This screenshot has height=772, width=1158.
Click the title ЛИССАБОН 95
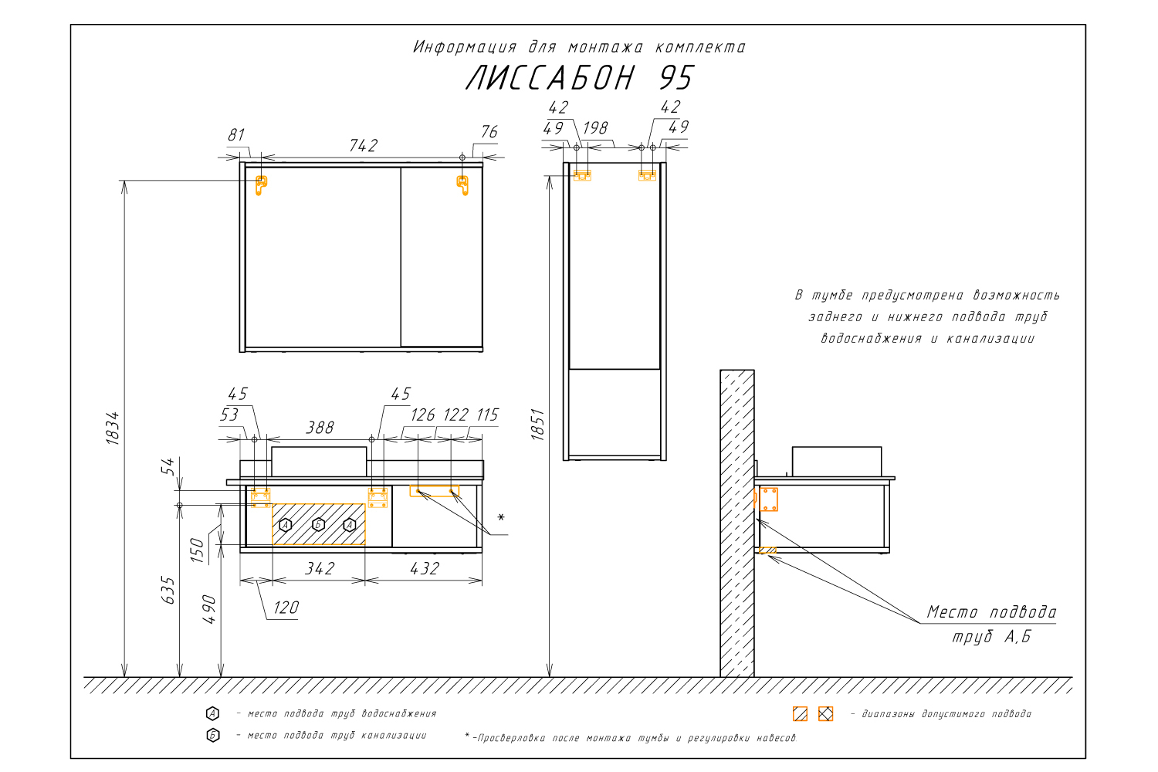click(x=579, y=79)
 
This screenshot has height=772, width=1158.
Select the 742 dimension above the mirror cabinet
click(x=363, y=146)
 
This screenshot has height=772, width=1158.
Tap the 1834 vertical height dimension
click(x=113, y=428)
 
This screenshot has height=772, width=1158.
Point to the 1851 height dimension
click(x=537, y=425)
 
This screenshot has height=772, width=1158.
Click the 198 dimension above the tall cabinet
click(x=595, y=128)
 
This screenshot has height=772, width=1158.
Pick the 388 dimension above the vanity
click(x=320, y=428)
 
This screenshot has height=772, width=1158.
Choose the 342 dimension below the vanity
click(x=320, y=569)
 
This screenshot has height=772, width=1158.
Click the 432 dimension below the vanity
click(x=425, y=569)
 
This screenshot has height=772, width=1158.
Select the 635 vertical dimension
click(x=168, y=590)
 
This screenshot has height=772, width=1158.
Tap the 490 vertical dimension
click(x=209, y=609)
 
